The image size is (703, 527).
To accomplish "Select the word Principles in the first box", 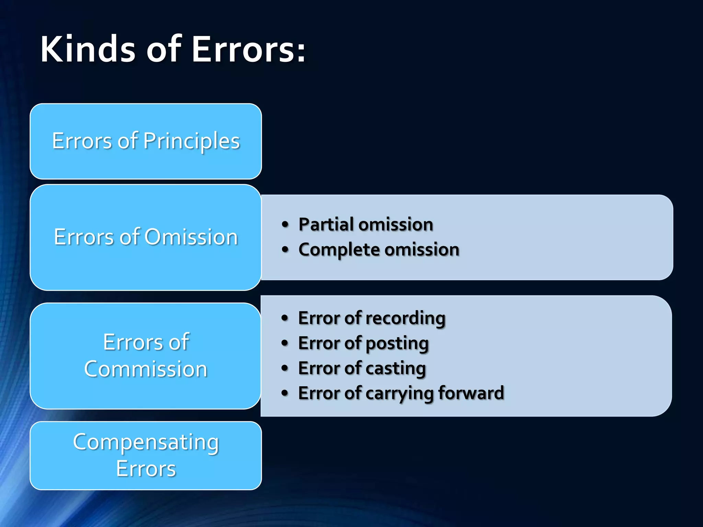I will click(x=192, y=141).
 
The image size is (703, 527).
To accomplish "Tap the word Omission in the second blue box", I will click(x=191, y=237).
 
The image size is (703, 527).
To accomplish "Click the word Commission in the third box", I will click(x=146, y=370).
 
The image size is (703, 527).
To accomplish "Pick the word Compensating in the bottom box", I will click(x=146, y=442).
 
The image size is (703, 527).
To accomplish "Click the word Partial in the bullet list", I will click(x=326, y=225).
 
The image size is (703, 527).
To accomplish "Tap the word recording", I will click(x=405, y=318).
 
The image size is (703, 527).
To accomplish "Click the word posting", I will click(x=397, y=343).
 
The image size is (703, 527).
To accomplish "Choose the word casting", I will click(x=395, y=368).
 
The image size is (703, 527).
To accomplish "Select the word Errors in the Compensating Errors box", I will click(x=146, y=469).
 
